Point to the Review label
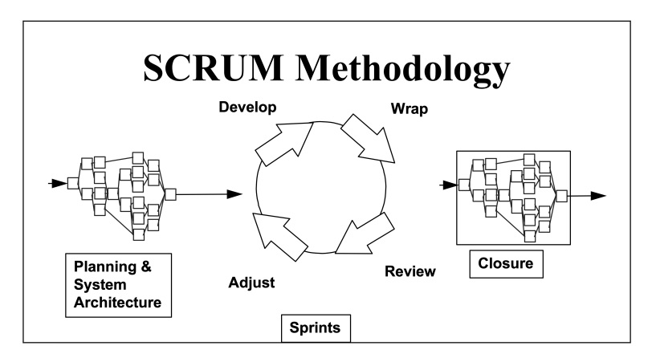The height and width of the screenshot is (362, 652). tap(410, 271)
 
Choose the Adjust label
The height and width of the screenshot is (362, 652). tap(251, 283)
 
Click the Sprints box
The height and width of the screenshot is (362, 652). tap(316, 327)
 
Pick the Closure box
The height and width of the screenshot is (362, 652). tap(504, 262)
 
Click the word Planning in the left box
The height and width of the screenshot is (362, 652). tap(104, 267)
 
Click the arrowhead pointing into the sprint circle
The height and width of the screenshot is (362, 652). tap(234, 194)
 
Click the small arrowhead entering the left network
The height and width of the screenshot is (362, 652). tap(59, 183)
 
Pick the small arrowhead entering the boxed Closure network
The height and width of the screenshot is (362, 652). tap(450, 185)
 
